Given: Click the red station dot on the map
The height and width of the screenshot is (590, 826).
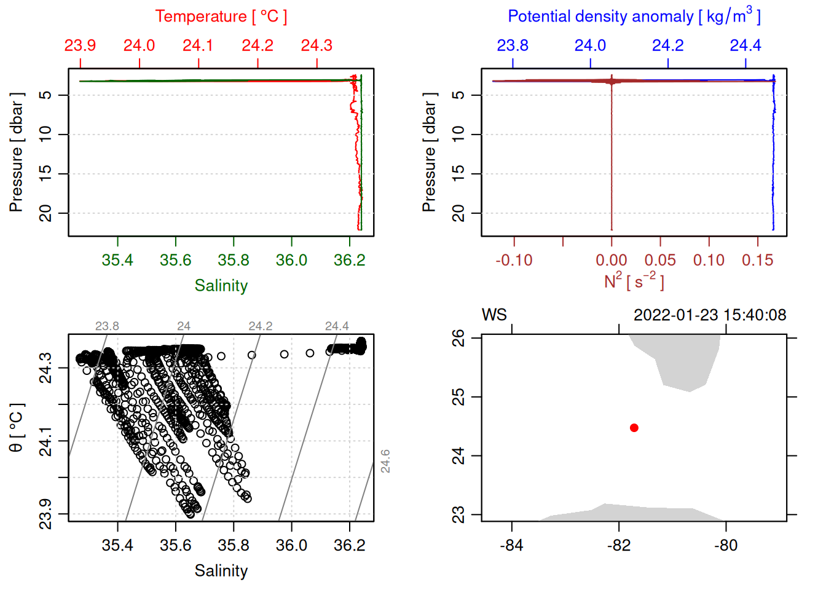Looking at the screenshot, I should tap(634, 428).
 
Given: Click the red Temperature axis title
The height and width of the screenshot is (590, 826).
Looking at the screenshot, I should tap(221, 17).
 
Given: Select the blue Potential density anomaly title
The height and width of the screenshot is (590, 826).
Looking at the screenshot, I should tap(634, 17).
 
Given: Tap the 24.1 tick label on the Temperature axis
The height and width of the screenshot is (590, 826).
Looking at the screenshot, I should tap(198, 45).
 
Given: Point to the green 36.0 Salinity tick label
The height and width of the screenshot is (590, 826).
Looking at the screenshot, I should tap(291, 260).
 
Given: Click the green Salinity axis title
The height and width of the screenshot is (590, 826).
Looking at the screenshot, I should tap(221, 286).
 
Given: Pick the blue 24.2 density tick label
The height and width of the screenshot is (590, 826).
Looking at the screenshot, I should tap(667, 45).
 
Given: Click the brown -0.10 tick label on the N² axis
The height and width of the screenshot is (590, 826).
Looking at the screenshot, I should tap(514, 260).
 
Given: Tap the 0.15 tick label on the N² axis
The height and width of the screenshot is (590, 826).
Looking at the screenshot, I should tap(757, 260).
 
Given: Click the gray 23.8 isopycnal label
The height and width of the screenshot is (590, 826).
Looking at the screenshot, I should tap(107, 326).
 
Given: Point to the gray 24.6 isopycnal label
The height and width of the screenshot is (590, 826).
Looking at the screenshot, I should tap(385, 461).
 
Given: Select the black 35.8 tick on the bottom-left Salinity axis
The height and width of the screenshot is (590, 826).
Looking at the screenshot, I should tap(234, 545).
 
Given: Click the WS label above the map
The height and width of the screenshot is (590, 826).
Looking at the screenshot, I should tap(494, 315).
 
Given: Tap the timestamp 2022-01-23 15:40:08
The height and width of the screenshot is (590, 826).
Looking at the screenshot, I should tap(710, 315).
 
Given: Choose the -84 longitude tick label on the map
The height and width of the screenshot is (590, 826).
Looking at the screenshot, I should tap(511, 545).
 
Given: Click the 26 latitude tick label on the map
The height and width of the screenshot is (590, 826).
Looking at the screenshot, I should tap(458, 338).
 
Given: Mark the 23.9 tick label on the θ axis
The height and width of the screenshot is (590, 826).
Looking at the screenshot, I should tap(45, 514).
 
